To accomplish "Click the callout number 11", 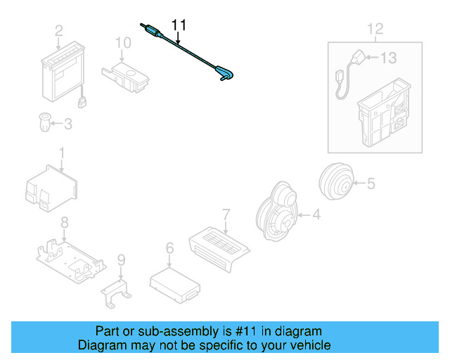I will [180, 25].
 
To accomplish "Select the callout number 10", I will [123, 44].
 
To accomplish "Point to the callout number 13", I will [389, 58].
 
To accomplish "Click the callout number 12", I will [375, 29].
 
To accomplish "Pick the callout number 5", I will [370, 184].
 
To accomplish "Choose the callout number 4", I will [316, 215].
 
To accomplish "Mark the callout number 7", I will [226, 213].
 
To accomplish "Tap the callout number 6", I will [169, 247].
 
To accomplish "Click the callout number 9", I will [121, 262].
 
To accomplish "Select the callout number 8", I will [64, 223].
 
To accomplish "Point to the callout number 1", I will [62, 152].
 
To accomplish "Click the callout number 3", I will [67, 124].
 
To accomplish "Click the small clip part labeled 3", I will [44, 123].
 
